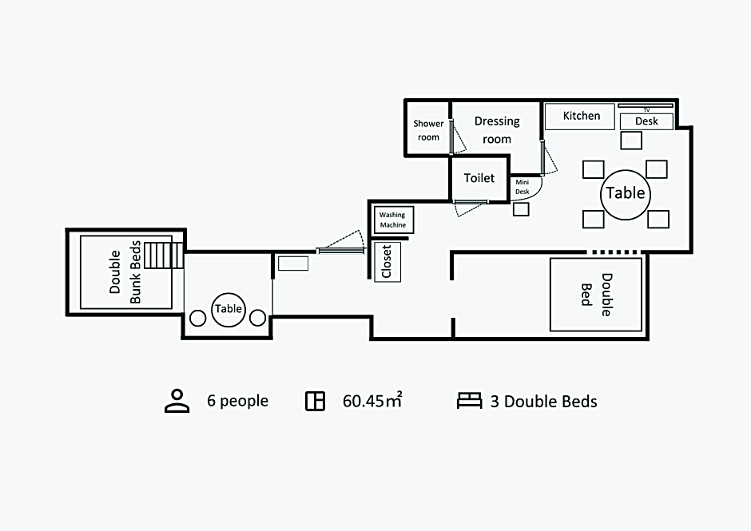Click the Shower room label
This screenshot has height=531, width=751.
tap(428, 130)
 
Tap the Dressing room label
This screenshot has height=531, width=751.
tap(497, 130)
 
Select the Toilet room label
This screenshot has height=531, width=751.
tap(479, 178)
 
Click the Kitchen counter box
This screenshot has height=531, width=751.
tap(579, 117)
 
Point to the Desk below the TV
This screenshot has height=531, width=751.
tap(646, 121)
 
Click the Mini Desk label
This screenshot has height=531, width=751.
tap(522, 187)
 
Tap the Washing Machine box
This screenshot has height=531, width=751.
tap(393, 220)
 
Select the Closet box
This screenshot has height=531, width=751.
tap(387, 261)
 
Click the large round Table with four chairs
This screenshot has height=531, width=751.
tap(626, 194)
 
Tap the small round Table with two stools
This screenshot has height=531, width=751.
tap(228, 309)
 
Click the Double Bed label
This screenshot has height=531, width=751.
tap(597, 295)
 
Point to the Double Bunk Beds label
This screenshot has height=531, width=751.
tap(125, 272)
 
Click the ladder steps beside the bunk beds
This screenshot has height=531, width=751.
tap(164, 256)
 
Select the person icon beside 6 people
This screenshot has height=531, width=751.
tap(177, 401)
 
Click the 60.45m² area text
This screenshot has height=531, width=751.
tap(372, 401)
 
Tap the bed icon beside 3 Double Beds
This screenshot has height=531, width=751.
tap(470, 401)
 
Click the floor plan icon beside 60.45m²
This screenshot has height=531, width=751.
tap(315, 401)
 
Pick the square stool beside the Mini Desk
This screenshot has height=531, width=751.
tap(521, 209)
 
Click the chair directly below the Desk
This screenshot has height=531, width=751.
tap(631, 141)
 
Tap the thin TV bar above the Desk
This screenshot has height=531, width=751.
tap(646, 105)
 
